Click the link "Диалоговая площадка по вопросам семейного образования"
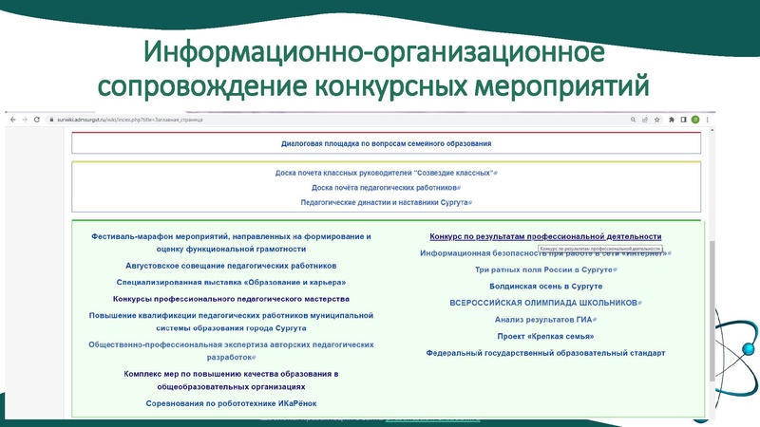pyautogui.click(x=386, y=143)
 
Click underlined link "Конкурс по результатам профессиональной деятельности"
pyautogui.click(x=545, y=236)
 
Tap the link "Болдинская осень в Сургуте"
pyautogui.click(x=545, y=286)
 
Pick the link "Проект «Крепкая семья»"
pyautogui.click(x=545, y=336)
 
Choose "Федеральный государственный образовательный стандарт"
pyautogui.click(x=545, y=353)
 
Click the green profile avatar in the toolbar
pyautogui.click(x=695, y=120)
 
